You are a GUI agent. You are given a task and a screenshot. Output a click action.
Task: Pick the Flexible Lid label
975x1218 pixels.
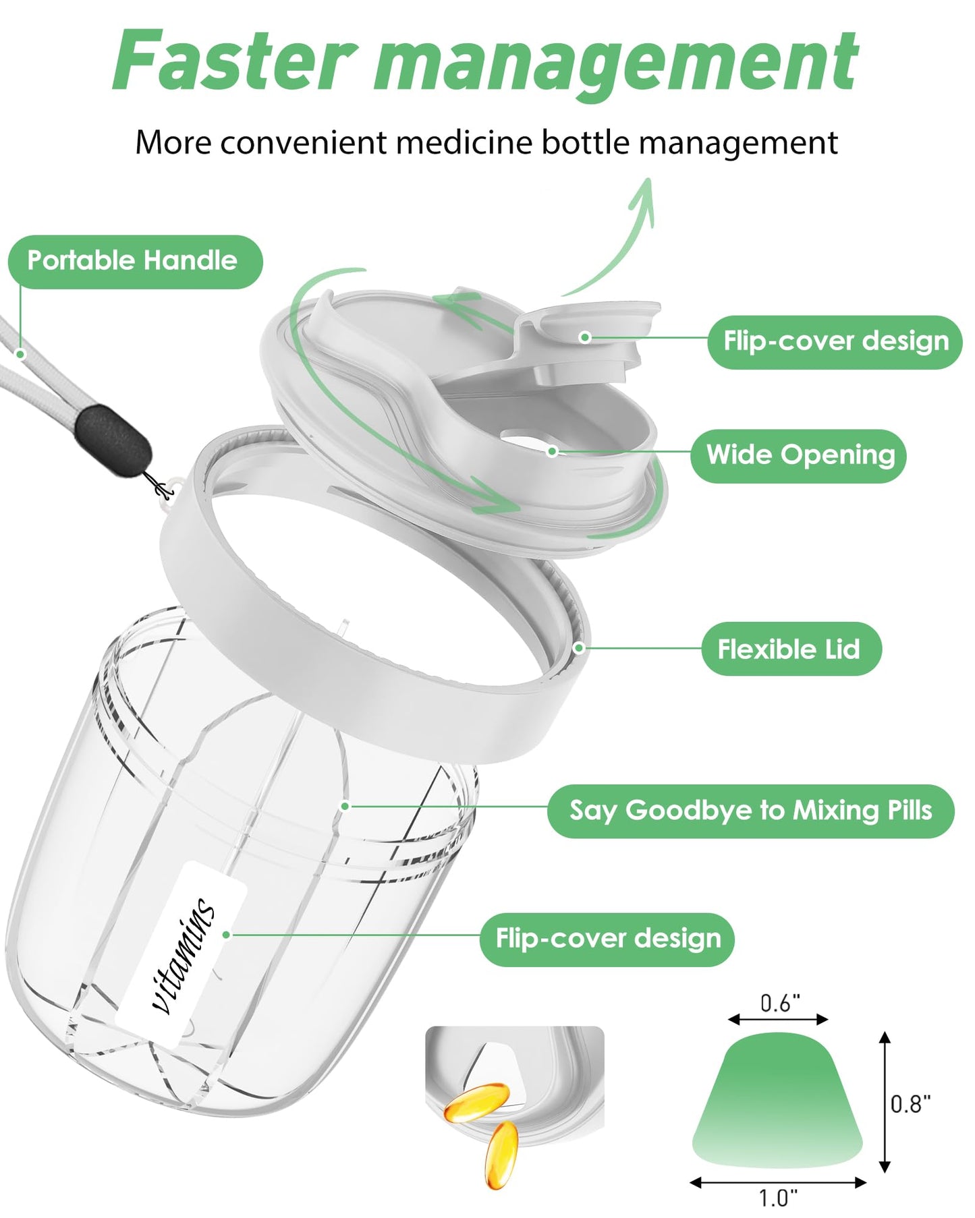pyautogui.click(x=791, y=649)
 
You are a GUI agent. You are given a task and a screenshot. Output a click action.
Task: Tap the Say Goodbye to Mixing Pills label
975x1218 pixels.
pyautogui.click(x=750, y=811)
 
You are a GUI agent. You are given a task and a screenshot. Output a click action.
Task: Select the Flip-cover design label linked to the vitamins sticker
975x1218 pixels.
pyautogui.click(x=607, y=939)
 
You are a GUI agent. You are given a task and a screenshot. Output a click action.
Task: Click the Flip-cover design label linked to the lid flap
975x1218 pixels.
pyautogui.click(x=835, y=342)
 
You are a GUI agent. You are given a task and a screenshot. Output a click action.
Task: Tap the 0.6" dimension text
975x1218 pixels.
pyautogui.click(x=779, y=1003)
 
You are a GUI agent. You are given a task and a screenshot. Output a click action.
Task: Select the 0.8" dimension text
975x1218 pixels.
pyautogui.click(x=910, y=1103)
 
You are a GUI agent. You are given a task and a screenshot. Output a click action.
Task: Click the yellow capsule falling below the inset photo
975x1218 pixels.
pyautogui.click(x=501, y=1155)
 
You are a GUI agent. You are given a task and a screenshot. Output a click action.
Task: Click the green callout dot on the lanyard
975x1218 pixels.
pyautogui.click(x=21, y=353)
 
